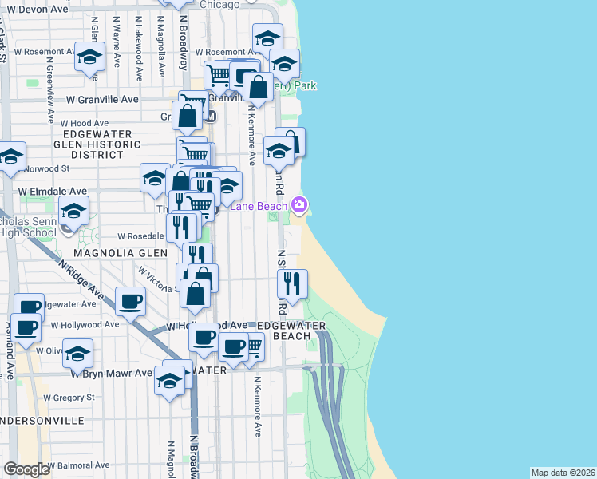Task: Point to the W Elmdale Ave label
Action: coord(53,192)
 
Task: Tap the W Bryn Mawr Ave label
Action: coord(110,373)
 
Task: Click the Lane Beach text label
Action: coord(259,206)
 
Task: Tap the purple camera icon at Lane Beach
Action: coord(299,205)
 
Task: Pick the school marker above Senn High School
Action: coord(74,212)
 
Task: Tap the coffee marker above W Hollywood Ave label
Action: coord(131,302)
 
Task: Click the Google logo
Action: coord(26,469)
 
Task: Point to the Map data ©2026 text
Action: coord(563,473)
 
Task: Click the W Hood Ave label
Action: coord(84,123)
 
